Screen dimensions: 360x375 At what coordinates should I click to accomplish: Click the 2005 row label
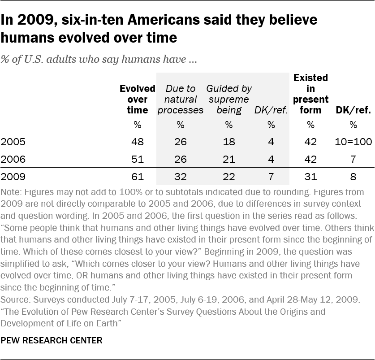pyautogui.click(x=13, y=142)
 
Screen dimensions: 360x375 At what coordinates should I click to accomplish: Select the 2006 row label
pyautogui.click(x=13, y=159)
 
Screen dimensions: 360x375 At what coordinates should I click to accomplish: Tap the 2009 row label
pyautogui.click(x=13, y=177)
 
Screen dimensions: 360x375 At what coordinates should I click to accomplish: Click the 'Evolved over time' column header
pyautogui.click(x=137, y=99)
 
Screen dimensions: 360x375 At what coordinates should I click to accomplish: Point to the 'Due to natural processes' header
pyautogui.click(x=180, y=99)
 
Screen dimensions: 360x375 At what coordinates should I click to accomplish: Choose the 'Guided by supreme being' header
pyautogui.click(x=229, y=99)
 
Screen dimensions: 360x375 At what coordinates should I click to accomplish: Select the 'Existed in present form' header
pyautogui.click(x=310, y=94)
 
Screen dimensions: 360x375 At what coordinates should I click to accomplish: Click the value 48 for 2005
pyautogui.click(x=137, y=142)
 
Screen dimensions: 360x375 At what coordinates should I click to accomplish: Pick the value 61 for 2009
pyautogui.click(x=137, y=177)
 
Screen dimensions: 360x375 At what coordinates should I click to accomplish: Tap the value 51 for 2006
pyautogui.click(x=137, y=159)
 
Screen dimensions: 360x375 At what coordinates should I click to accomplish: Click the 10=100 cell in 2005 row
pyautogui.click(x=353, y=142)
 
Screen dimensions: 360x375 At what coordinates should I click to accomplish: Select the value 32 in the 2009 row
pyautogui.click(x=180, y=177)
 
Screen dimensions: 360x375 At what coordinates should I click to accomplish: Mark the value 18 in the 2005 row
pyautogui.click(x=229, y=142)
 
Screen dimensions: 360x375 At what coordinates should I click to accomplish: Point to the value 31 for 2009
pyautogui.click(x=310, y=177)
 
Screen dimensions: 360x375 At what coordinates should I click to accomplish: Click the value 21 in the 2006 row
pyautogui.click(x=229, y=159)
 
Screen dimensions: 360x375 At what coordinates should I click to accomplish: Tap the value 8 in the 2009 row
pyautogui.click(x=353, y=177)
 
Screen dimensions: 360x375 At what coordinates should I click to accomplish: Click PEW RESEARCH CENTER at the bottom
pyautogui.click(x=52, y=340)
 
